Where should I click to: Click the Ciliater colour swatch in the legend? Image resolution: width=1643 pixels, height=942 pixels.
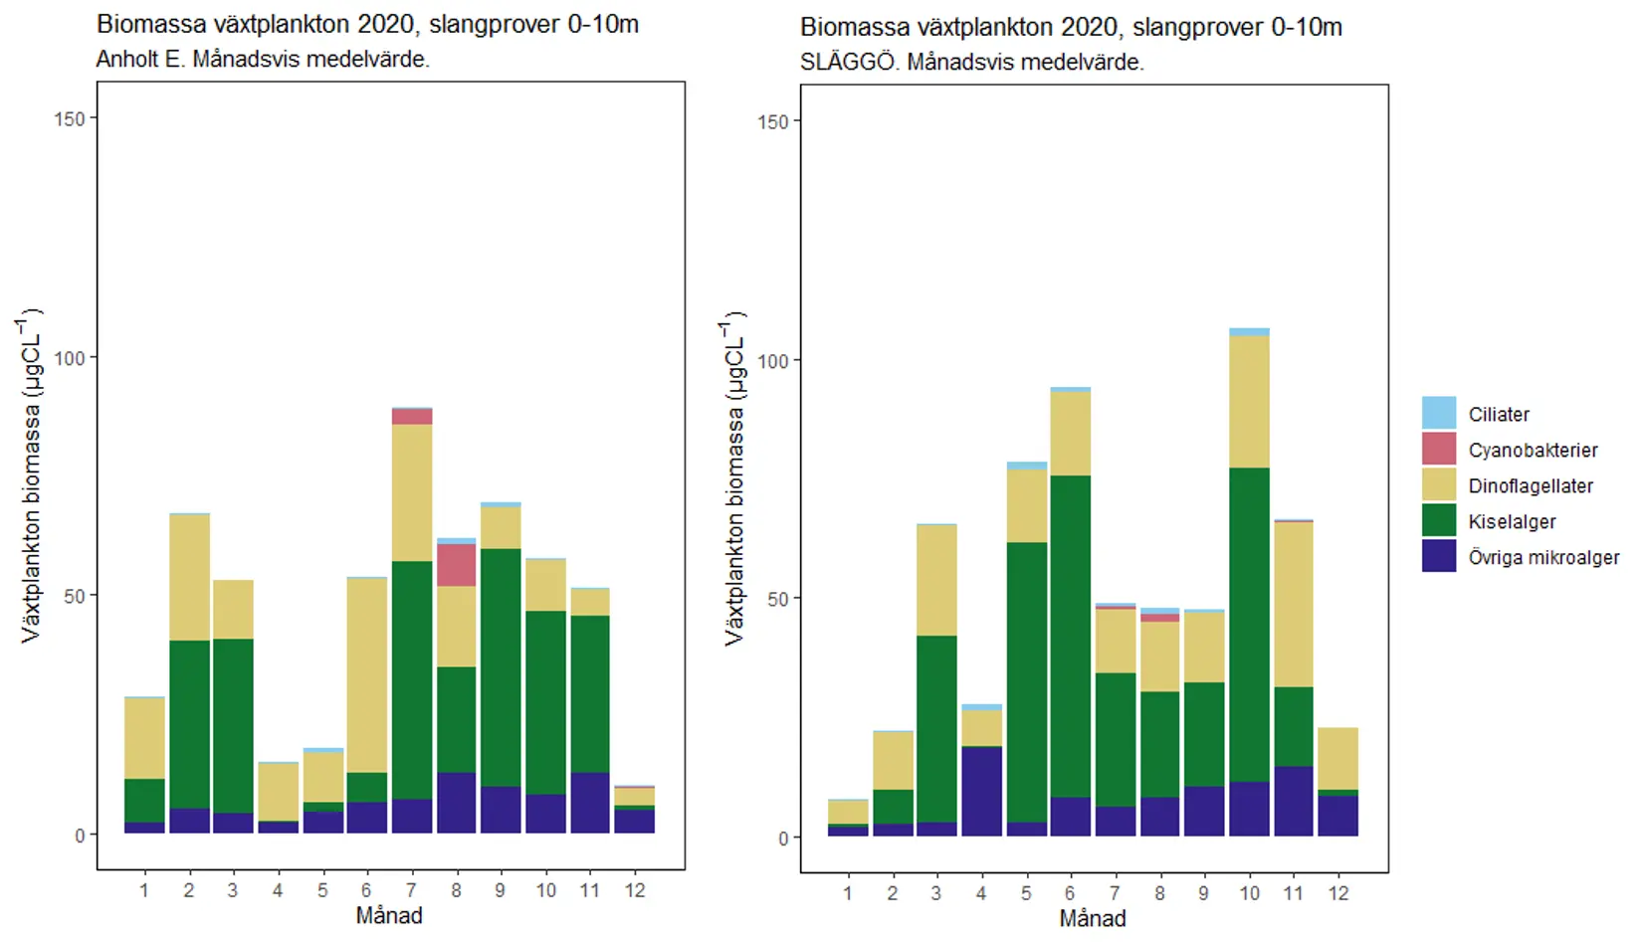[x=1439, y=413]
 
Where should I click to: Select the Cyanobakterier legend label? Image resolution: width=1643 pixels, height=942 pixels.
[x=1533, y=451]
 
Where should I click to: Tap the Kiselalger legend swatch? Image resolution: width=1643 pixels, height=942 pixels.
[x=1439, y=520]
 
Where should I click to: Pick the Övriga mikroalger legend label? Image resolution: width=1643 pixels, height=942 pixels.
[x=1543, y=558]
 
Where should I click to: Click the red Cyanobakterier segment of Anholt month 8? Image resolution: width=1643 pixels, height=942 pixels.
[x=456, y=565]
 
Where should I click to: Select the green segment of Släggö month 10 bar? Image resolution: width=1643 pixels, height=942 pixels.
[x=1249, y=624]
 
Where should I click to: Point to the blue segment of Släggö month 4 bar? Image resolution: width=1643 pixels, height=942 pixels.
[x=981, y=791]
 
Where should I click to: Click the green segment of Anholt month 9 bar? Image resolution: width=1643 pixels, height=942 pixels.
[x=501, y=666]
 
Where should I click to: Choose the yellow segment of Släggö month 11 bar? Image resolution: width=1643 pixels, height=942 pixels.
[x=1293, y=604]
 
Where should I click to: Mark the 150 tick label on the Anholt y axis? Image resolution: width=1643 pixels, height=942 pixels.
[x=70, y=118]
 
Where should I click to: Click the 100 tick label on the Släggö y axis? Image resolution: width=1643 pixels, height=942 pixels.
[x=773, y=360]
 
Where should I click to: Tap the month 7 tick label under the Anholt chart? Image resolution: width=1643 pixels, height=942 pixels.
[x=411, y=890]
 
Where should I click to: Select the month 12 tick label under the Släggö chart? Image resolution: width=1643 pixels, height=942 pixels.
[x=1337, y=893]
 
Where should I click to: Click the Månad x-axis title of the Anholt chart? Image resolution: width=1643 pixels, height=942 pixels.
[x=389, y=915]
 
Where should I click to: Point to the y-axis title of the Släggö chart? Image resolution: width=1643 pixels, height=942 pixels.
[x=734, y=482]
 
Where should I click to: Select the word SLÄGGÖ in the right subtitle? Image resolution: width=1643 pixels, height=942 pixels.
[x=847, y=63]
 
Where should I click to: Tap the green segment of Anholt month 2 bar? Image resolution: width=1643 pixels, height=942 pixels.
[x=189, y=723]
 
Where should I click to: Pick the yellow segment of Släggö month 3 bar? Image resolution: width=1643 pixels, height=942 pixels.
[x=936, y=580]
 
